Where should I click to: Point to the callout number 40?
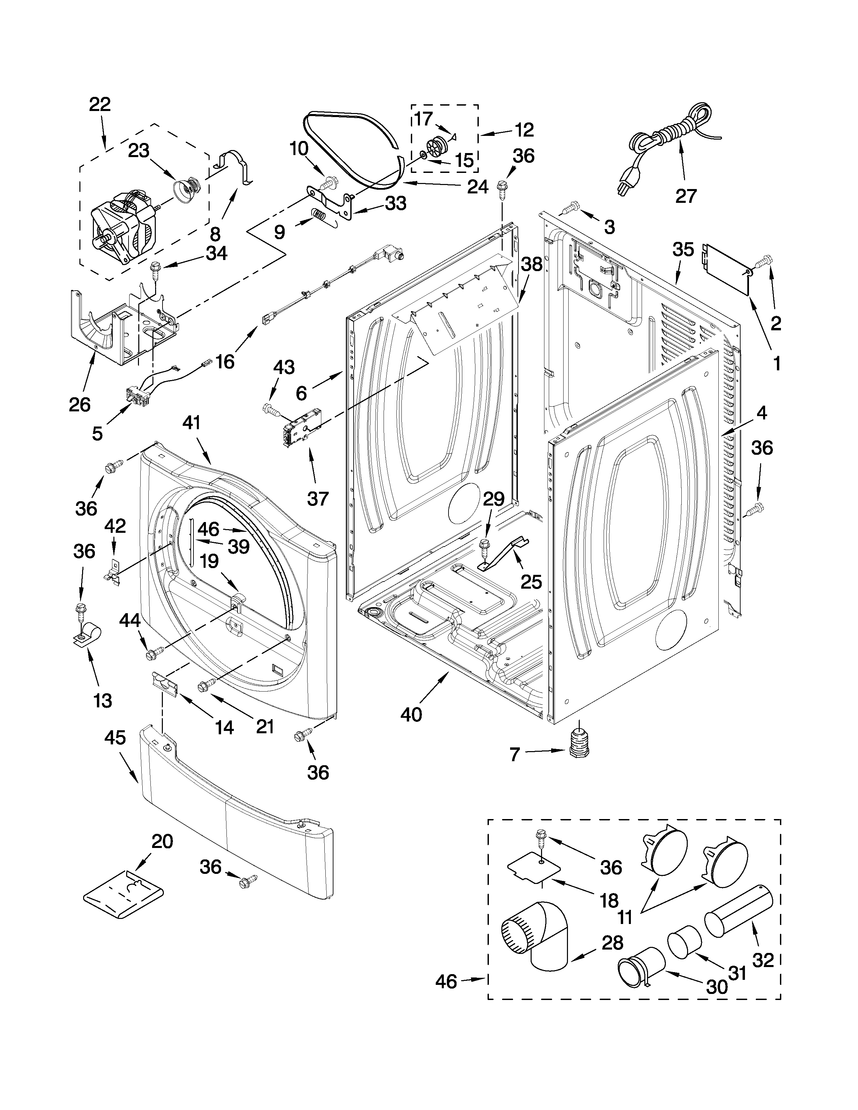[x=411, y=714]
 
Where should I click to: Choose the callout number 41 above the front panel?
[x=192, y=423]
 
